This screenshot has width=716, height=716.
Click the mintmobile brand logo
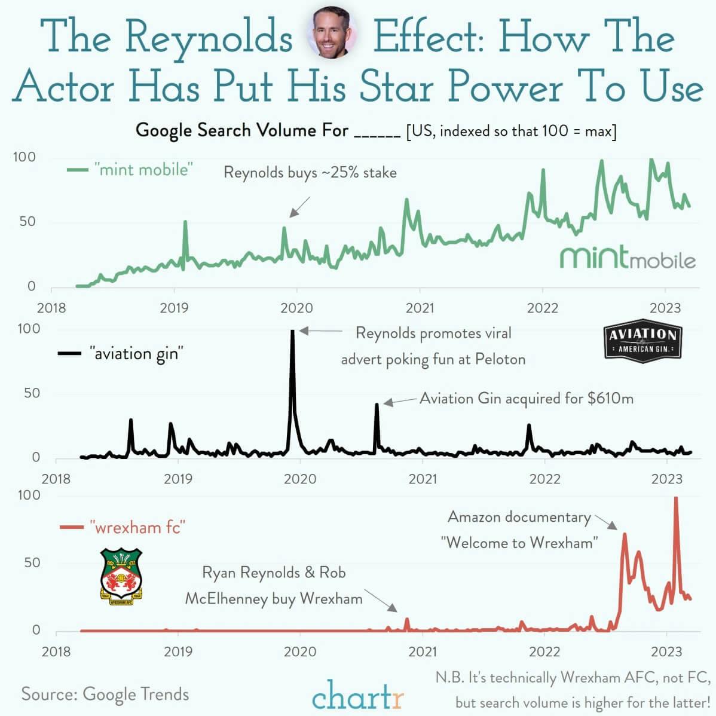point(628,258)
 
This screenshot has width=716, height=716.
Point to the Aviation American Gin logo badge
point(643,341)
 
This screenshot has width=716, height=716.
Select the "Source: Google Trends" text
point(105,694)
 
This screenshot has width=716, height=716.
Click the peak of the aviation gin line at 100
point(292,331)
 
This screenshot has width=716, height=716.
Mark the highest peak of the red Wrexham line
point(676,498)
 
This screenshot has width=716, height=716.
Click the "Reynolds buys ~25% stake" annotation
point(310,173)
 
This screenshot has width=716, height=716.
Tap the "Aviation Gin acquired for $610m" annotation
point(526,398)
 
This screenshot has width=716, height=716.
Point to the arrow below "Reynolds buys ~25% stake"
point(299,207)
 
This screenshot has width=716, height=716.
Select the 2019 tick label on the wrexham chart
point(178,651)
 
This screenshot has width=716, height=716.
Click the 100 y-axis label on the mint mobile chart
point(25,157)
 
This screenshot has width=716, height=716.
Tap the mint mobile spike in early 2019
point(185,222)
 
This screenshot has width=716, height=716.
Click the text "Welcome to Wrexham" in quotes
point(519,543)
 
